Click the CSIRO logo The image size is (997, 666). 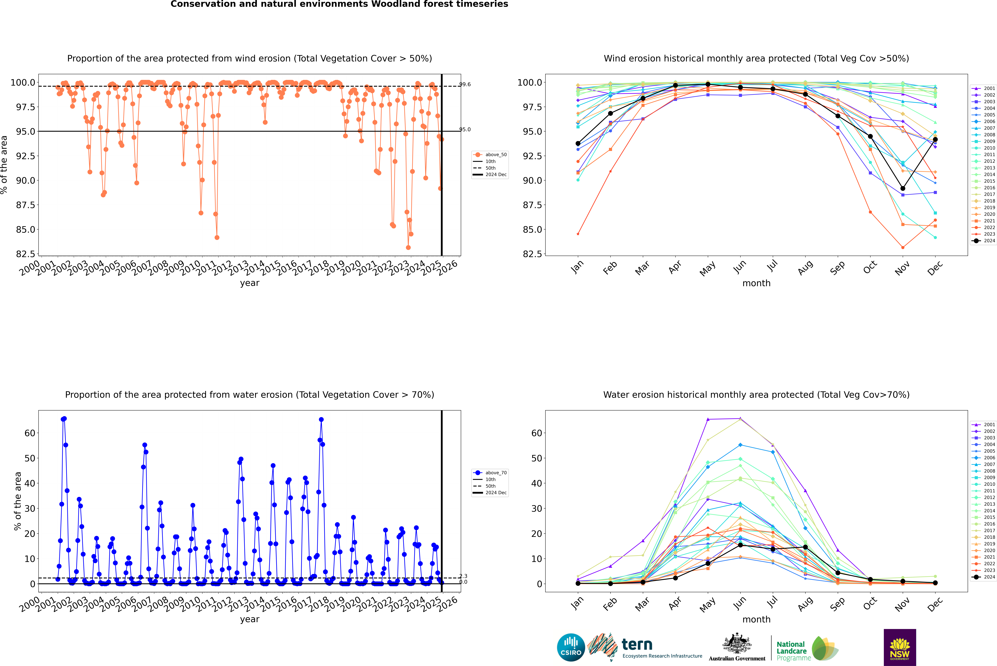[x=571, y=647]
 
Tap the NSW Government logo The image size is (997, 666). [x=900, y=647]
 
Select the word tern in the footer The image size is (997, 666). [x=637, y=645]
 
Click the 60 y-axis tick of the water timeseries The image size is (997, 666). [x=30, y=433]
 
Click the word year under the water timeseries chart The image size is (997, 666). [x=249, y=619]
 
